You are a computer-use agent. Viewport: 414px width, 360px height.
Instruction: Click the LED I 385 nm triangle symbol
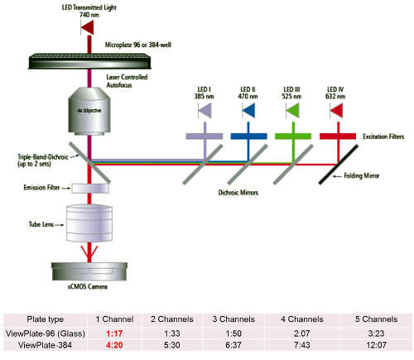click(x=205, y=110)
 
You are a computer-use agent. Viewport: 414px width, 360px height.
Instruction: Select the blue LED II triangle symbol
click(x=249, y=110)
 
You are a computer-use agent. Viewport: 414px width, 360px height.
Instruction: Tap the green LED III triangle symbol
click(x=293, y=110)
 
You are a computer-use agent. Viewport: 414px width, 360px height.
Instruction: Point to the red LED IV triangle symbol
click(x=337, y=110)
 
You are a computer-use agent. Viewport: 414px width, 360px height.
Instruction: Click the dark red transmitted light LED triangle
click(x=88, y=27)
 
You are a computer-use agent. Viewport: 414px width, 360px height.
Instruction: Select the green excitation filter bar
click(x=293, y=136)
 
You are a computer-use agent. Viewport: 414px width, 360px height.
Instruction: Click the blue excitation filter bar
click(x=248, y=136)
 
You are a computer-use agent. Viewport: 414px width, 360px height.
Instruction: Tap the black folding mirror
click(x=339, y=165)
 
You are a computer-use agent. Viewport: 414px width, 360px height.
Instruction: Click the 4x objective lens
click(x=89, y=112)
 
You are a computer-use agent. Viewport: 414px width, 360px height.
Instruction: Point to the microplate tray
click(x=90, y=61)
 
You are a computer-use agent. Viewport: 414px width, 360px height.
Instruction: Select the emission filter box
click(x=90, y=189)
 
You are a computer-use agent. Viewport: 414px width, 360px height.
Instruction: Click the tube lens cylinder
click(x=89, y=223)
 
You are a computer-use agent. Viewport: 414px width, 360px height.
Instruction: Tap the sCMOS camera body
click(x=89, y=271)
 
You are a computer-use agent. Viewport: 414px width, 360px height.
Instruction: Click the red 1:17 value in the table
click(x=114, y=334)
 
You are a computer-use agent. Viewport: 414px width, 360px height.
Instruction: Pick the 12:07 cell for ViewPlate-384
click(x=376, y=345)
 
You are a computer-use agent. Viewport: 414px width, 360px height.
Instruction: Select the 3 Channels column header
click(x=233, y=319)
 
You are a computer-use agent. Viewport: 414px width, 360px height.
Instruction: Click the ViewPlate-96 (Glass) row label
click(x=46, y=334)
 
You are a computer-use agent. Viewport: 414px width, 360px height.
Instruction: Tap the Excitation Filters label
click(x=383, y=137)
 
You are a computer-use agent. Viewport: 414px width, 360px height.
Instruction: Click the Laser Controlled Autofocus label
click(x=127, y=81)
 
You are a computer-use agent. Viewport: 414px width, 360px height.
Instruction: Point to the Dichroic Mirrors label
click(x=238, y=193)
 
